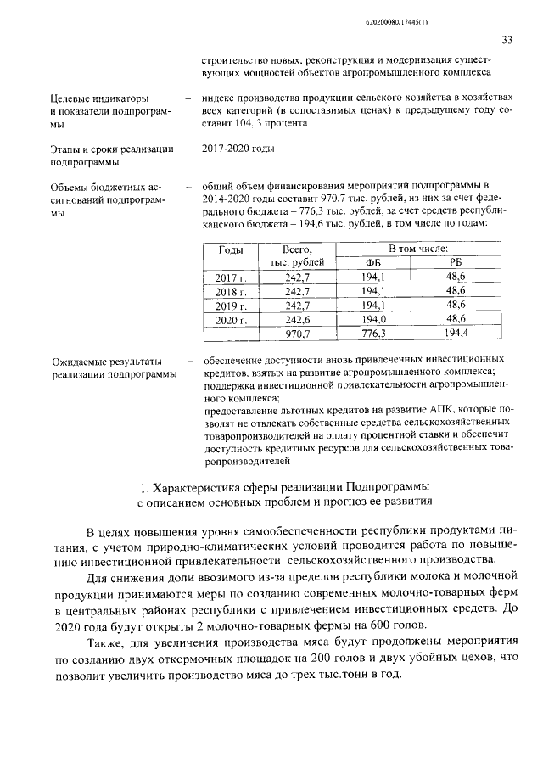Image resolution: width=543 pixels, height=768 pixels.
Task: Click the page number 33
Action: tap(507, 40)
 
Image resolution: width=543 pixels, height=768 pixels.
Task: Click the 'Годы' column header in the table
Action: tap(231, 250)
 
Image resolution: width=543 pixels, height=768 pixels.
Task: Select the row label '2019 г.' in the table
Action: tap(230, 306)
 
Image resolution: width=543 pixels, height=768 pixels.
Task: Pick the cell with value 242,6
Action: tap(297, 320)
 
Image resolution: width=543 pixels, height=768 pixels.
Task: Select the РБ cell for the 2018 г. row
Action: tap(456, 291)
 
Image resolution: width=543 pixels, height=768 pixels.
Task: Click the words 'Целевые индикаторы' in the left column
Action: tap(101, 98)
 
